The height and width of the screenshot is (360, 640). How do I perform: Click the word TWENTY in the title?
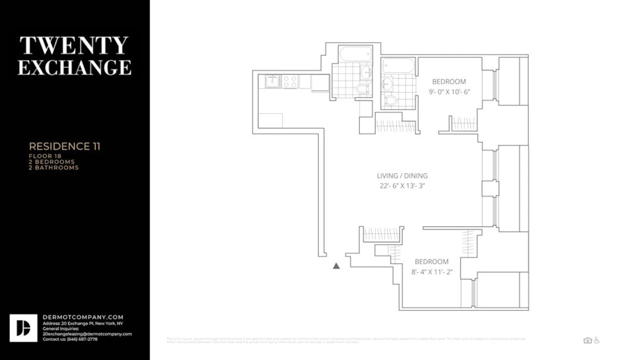pyautogui.click(x=74, y=46)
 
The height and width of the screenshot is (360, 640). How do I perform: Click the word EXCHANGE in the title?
pyautogui.click(x=74, y=67)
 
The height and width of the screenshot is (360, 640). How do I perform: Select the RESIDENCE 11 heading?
pyautogui.click(x=65, y=146)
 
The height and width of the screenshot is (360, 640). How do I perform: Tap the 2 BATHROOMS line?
pyautogui.click(x=53, y=167)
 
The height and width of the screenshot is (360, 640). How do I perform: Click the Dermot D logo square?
pyautogui.click(x=23, y=328)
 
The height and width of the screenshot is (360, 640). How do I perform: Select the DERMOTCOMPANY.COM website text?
pyautogui.click(x=83, y=317)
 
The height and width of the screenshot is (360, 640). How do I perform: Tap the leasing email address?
pyautogui.click(x=87, y=334)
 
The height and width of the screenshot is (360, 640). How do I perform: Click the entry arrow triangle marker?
pyautogui.click(x=336, y=266)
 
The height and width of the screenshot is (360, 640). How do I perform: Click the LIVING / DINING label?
pyautogui.click(x=402, y=176)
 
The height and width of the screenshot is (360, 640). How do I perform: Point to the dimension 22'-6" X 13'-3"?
pyautogui.click(x=402, y=186)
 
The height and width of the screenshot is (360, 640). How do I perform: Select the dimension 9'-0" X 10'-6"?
pyautogui.click(x=449, y=92)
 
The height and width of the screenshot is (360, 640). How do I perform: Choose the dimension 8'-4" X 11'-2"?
pyautogui.click(x=431, y=271)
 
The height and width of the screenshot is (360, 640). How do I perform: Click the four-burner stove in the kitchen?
pyautogui.click(x=290, y=82)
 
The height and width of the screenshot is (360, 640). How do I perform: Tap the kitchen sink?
pyautogui.click(x=273, y=82)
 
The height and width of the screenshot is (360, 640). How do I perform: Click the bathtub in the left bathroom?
pyautogui.click(x=354, y=54)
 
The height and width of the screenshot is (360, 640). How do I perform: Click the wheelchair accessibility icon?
pyautogui.click(x=597, y=340)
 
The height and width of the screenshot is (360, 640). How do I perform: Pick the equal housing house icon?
pyautogui.click(x=587, y=340)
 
